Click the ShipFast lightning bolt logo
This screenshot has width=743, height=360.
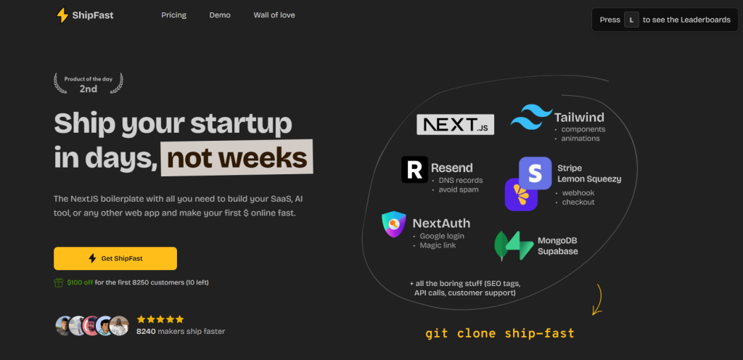click(x=62, y=15)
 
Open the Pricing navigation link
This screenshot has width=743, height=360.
click(x=174, y=15)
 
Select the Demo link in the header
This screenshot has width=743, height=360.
click(x=220, y=15)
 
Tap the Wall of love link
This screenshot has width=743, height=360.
click(x=274, y=15)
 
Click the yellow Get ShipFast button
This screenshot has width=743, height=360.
click(x=115, y=258)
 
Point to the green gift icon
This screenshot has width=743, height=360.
click(x=59, y=283)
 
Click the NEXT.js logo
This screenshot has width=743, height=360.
click(x=456, y=125)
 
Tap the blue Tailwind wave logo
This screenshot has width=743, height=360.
click(x=531, y=117)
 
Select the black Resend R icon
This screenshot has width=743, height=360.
click(x=414, y=170)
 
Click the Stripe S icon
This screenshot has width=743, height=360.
click(x=535, y=173)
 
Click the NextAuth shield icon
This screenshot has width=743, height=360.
click(x=394, y=224)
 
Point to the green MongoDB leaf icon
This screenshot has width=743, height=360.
click(x=501, y=245)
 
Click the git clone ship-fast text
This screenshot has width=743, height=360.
click(x=500, y=333)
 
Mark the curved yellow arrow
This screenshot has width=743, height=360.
click(x=598, y=300)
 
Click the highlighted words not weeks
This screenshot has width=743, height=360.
click(x=237, y=157)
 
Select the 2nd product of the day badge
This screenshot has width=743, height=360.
click(x=88, y=83)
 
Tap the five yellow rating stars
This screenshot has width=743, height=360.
click(x=160, y=319)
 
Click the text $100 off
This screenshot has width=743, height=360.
click(x=80, y=282)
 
